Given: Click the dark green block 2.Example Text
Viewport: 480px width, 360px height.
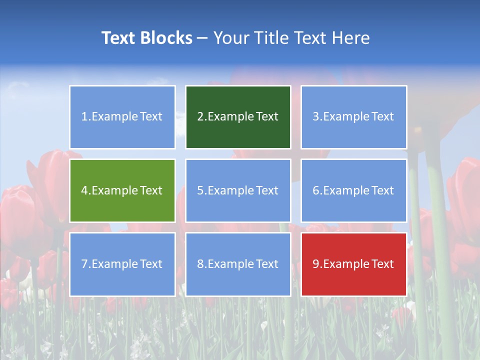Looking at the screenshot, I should pos(238,117).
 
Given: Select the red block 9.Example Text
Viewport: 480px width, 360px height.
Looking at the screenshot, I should pos(353,264).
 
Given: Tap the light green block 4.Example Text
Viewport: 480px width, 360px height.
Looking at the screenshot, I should pos(122,190).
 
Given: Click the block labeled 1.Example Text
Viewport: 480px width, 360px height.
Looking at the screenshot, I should pos(122,117).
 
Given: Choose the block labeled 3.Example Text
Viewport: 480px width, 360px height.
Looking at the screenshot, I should pos(353,117).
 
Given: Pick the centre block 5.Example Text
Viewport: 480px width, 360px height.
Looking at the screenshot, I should pos(238,190).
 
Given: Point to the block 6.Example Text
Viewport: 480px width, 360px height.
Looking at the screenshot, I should pos(353,190).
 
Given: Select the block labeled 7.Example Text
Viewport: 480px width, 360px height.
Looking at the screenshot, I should pos(122,264).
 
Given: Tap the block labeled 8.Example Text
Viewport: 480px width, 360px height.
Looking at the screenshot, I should pos(238,264).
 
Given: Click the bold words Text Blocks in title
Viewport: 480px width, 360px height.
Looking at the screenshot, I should pos(147,38).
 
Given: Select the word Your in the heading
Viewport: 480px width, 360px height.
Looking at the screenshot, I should pos(229,38).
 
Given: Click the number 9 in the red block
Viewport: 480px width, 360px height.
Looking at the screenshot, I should pos(316,264).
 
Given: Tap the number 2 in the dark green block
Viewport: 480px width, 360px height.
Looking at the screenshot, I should pos(200,117).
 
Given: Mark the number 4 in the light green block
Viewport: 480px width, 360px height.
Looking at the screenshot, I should pos(84,190).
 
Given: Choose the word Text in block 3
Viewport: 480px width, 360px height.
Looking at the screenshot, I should pos(382,117).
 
